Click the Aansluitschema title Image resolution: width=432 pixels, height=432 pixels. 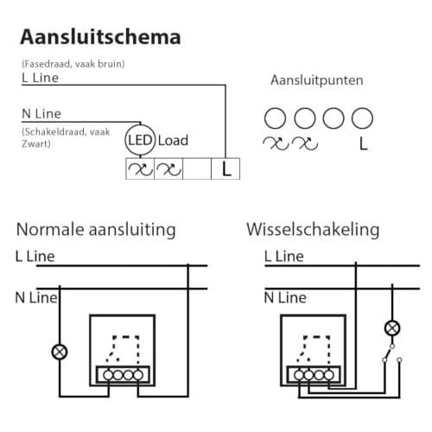pos(100,37)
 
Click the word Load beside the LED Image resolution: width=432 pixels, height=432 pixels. pos(173,141)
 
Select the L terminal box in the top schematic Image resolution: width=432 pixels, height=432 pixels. pos(226,168)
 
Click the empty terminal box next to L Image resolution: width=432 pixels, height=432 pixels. pos(197,168)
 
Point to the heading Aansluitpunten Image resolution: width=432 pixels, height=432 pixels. pos(317,80)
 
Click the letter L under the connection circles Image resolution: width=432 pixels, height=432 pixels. pos(364,143)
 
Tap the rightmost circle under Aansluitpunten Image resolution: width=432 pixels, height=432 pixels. pos(362,118)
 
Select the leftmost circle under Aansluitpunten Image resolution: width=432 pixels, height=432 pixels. pos(275,118)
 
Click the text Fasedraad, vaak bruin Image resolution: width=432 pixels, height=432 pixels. pos(73,64)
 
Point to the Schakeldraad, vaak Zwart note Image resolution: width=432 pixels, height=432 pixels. pos(66,137)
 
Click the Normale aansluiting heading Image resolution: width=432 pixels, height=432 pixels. pos(96,230)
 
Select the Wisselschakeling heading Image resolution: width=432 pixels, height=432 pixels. pos(313,230)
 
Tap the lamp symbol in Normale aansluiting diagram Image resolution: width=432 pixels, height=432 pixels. pos(60,352)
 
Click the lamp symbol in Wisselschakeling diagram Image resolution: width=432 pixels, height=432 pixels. pos(392,328)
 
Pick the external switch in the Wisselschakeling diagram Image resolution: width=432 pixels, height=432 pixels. pos(391,353)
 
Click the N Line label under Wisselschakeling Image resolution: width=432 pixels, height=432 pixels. pos(285,297)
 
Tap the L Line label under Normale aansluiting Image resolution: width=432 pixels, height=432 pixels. pos(35,257)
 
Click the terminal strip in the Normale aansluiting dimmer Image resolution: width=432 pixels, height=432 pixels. pos(123,375)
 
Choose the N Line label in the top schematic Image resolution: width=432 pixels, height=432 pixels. pos(41,114)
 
